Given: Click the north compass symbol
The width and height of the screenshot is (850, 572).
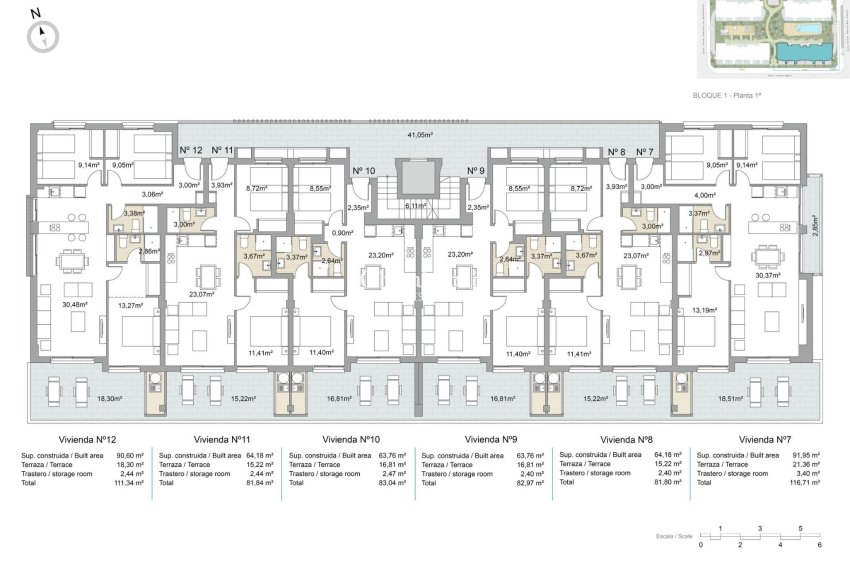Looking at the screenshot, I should [x=43, y=36].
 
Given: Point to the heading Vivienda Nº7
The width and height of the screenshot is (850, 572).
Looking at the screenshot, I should [x=766, y=439].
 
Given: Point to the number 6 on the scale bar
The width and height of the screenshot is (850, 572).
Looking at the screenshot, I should [x=819, y=545].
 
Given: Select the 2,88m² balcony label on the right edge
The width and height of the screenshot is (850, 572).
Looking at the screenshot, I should [x=814, y=225].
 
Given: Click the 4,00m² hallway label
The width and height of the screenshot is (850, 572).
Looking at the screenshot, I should [x=706, y=195].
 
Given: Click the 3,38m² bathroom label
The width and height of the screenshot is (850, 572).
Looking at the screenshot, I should [x=133, y=213].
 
